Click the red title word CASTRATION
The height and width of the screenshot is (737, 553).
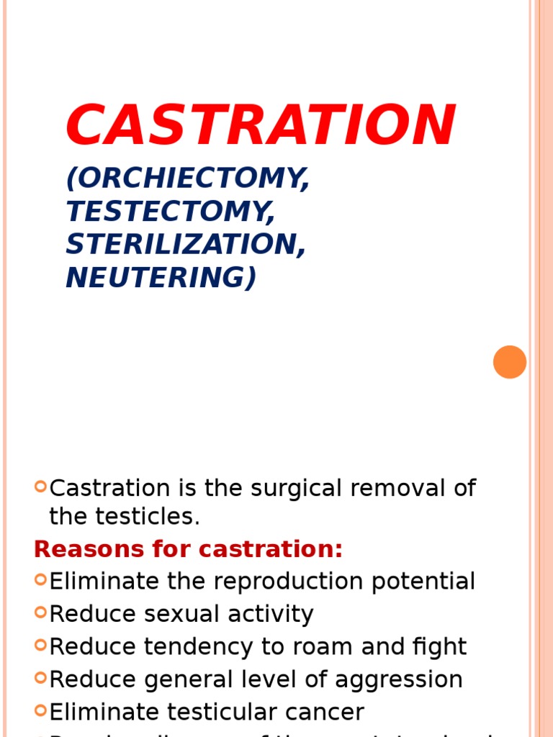(x=260, y=125)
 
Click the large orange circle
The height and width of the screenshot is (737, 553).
(x=510, y=362)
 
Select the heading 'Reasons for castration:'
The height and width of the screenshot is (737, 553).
(x=189, y=549)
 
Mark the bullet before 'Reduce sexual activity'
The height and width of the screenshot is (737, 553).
(x=40, y=612)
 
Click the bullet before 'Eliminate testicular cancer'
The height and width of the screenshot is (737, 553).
(x=40, y=710)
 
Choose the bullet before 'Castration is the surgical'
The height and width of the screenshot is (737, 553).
(x=40, y=487)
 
